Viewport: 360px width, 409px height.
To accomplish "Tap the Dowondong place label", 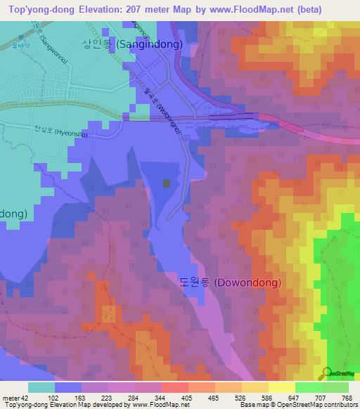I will click(230, 283).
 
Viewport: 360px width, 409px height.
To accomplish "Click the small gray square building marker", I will click(167, 183).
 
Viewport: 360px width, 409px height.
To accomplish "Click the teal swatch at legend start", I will click(41, 387).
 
